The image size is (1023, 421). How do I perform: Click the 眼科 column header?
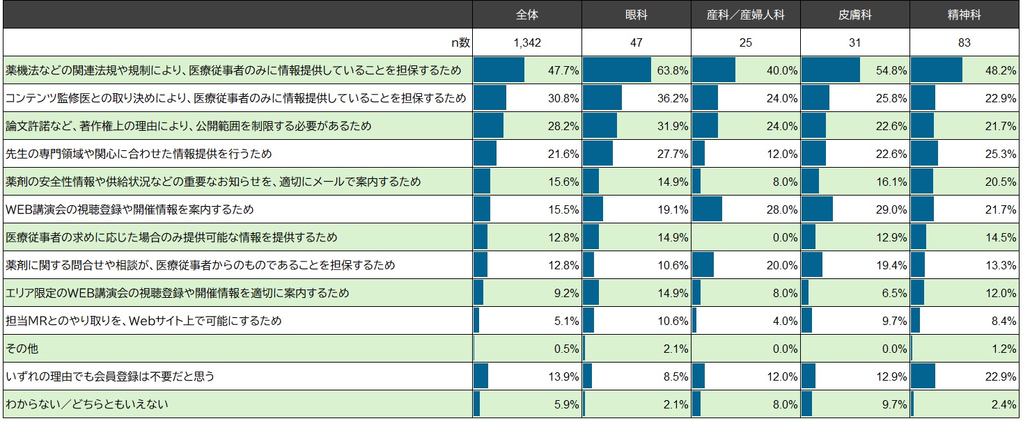point(637,15)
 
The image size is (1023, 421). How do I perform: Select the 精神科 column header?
point(965,15)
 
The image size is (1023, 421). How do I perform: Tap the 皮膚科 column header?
point(855,15)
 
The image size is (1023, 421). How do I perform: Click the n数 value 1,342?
point(527,42)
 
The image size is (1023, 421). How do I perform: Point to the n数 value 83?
point(965,42)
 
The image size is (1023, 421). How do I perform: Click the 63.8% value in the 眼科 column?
point(673,70)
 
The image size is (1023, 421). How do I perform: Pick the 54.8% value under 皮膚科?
point(892,70)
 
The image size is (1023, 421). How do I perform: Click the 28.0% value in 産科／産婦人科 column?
point(783,209)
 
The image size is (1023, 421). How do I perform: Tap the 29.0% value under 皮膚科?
point(892,209)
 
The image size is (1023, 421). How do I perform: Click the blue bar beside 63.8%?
point(616,70)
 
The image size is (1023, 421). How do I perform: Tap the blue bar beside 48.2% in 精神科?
point(936,70)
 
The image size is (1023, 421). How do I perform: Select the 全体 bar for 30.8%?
point(490,98)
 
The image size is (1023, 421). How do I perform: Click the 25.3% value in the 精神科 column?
point(1001,154)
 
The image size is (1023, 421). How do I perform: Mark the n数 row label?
point(460,42)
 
